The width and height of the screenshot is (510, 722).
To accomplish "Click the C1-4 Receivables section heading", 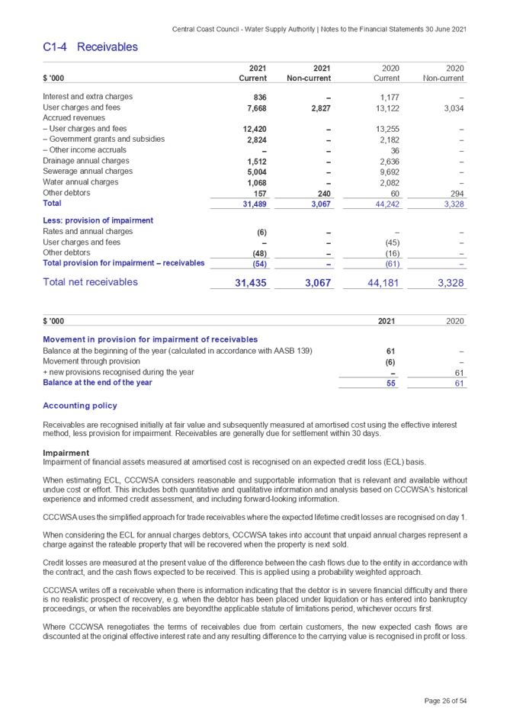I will [90, 47].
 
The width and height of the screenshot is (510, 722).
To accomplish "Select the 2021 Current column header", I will [253, 73].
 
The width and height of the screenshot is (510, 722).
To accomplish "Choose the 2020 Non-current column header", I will [444, 73].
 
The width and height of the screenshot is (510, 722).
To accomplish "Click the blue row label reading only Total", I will [53, 204].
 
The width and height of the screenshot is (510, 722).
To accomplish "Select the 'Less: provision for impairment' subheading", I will [98, 220].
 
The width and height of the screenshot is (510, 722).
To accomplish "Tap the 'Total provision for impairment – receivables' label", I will [123, 263].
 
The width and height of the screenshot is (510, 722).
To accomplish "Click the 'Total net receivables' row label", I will [90, 282].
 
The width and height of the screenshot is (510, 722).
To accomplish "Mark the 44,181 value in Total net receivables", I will [383, 283].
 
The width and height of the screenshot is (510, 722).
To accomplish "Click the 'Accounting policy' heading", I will [79, 405].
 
